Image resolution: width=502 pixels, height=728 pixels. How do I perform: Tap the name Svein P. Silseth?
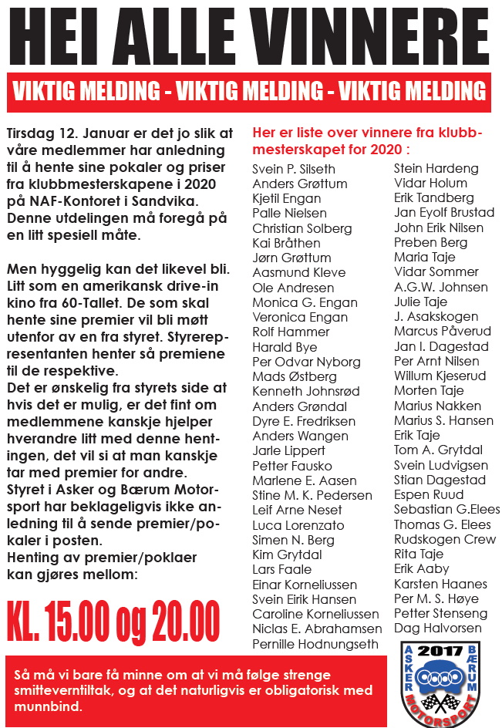point(294,169)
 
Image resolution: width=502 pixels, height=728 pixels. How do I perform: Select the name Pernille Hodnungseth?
point(315,643)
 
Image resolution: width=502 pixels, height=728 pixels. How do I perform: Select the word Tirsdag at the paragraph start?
point(29,125)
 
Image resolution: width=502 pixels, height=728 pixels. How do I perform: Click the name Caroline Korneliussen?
point(315,614)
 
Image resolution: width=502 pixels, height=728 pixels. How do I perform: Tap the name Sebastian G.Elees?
point(446,509)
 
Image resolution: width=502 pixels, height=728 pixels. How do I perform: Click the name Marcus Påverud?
point(442,331)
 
